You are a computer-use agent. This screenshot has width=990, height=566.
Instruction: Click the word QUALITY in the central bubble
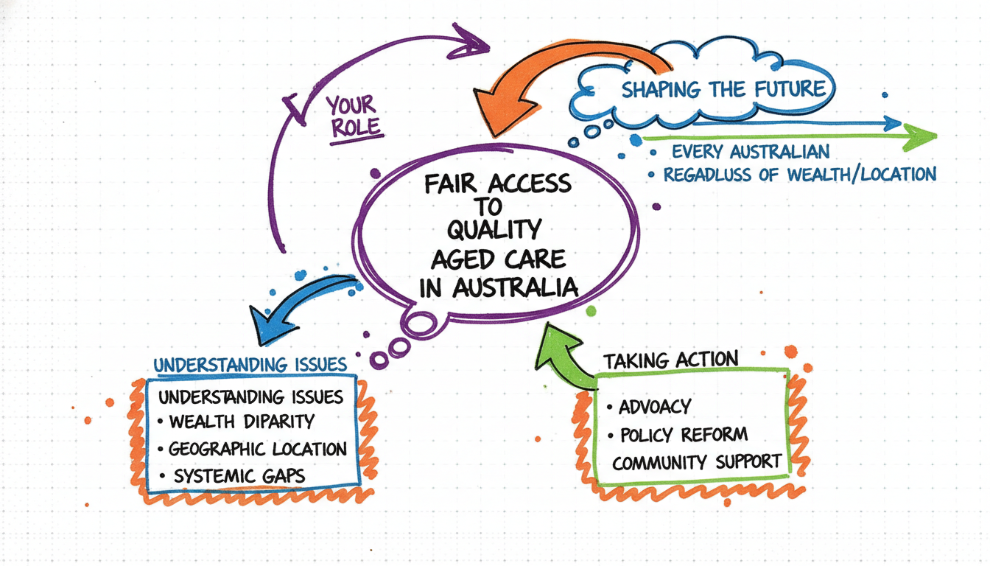pyautogui.click(x=494, y=231)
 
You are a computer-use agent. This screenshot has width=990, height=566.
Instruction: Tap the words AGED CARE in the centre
pyautogui.click(x=498, y=259)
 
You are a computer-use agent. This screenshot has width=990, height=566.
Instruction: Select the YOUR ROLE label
pyautogui.click(x=354, y=116)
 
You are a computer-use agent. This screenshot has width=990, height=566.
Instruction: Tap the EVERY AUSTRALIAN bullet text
pyautogui.click(x=751, y=153)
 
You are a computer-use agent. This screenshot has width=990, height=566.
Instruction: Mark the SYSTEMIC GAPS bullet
pyautogui.click(x=239, y=476)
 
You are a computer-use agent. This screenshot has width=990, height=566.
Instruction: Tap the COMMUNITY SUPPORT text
pyautogui.click(x=696, y=463)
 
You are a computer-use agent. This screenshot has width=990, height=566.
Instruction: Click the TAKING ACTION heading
pyautogui.click(x=670, y=360)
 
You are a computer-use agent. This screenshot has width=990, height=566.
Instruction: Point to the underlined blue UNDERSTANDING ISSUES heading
pyautogui.click(x=250, y=365)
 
